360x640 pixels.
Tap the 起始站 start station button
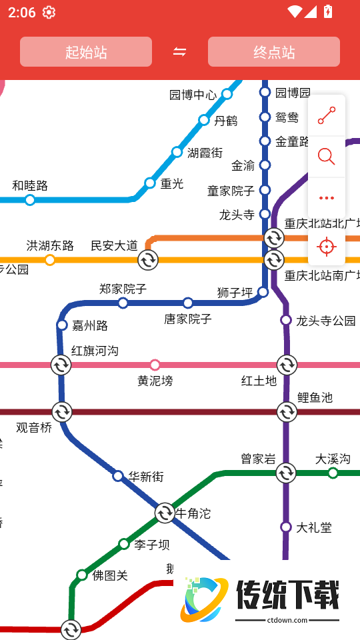(x=86, y=52)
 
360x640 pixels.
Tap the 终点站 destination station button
(x=274, y=52)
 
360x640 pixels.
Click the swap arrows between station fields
(x=180, y=52)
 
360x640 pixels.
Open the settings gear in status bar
(x=49, y=12)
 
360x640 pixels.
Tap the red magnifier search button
(x=327, y=157)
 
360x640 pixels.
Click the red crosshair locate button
(x=327, y=247)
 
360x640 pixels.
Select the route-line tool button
(x=327, y=115)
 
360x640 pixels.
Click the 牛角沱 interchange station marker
(x=165, y=513)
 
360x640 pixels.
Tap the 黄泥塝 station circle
(x=155, y=365)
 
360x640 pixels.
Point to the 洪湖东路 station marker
(x=50, y=260)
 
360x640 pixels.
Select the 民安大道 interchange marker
(x=148, y=260)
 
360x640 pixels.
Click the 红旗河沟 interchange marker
(x=61, y=365)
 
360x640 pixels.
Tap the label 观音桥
(x=34, y=428)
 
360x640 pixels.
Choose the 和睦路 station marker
(x=30, y=200)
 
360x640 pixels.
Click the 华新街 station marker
(x=118, y=476)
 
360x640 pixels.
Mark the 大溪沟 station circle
(x=333, y=473)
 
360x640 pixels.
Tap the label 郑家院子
(x=123, y=289)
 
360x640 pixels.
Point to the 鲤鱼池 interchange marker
(x=287, y=412)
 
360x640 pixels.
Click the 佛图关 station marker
(x=82, y=575)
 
